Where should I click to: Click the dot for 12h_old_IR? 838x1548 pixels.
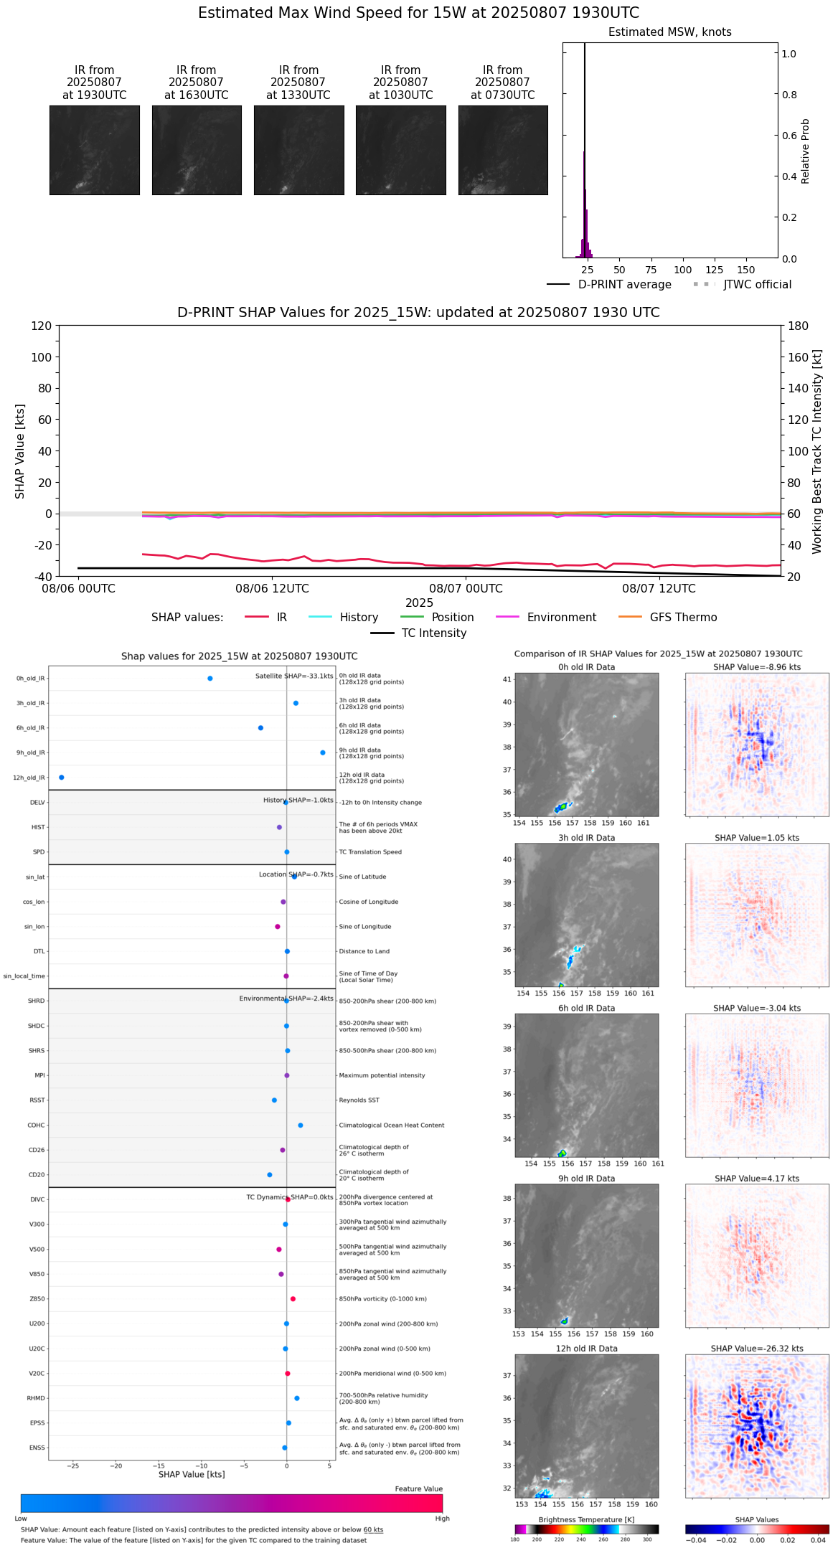coord(61,777)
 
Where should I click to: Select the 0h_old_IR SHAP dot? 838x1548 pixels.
coord(209,678)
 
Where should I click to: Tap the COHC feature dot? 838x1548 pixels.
coord(300,1125)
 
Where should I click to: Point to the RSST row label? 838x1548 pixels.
coord(37,1100)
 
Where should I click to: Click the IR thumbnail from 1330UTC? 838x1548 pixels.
coord(298,150)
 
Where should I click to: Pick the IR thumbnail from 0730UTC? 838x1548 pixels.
coord(503,150)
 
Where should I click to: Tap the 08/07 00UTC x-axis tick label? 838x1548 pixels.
coord(466,588)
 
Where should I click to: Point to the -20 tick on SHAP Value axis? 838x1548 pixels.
coord(43,545)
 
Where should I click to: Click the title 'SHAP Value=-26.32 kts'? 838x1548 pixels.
coord(757,1349)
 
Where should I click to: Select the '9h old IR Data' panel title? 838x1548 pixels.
coord(586,1179)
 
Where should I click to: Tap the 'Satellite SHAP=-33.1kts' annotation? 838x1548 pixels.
coord(294,676)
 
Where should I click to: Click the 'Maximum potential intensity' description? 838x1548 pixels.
coord(382,1075)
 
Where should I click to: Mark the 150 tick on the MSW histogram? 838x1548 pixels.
coord(746,270)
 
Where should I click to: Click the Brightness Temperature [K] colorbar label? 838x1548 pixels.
coord(586,1519)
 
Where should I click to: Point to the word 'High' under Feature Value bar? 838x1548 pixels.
coord(442,1518)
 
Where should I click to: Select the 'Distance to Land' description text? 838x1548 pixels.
coord(364,951)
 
